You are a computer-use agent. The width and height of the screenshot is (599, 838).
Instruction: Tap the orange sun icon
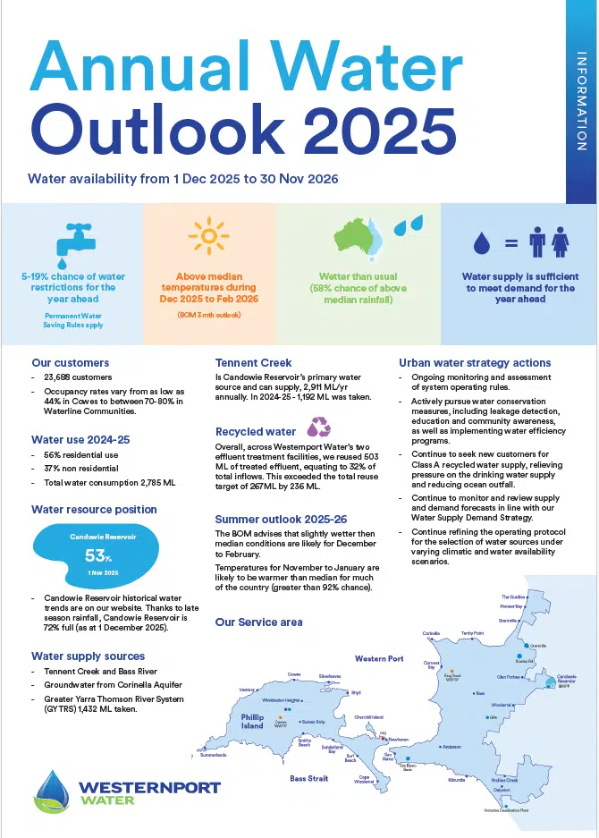(x=209, y=236)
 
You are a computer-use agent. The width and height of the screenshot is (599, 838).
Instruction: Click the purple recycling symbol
(x=317, y=426)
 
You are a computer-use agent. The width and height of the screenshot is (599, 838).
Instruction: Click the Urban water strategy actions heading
(x=475, y=362)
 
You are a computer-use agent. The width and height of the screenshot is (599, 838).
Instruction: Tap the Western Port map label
(x=378, y=658)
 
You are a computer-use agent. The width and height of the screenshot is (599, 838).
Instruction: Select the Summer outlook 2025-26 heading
(x=281, y=519)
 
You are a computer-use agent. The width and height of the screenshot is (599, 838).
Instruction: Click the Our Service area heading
(x=258, y=622)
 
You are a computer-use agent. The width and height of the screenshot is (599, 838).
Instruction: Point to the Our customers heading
(x=70, y=363)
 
